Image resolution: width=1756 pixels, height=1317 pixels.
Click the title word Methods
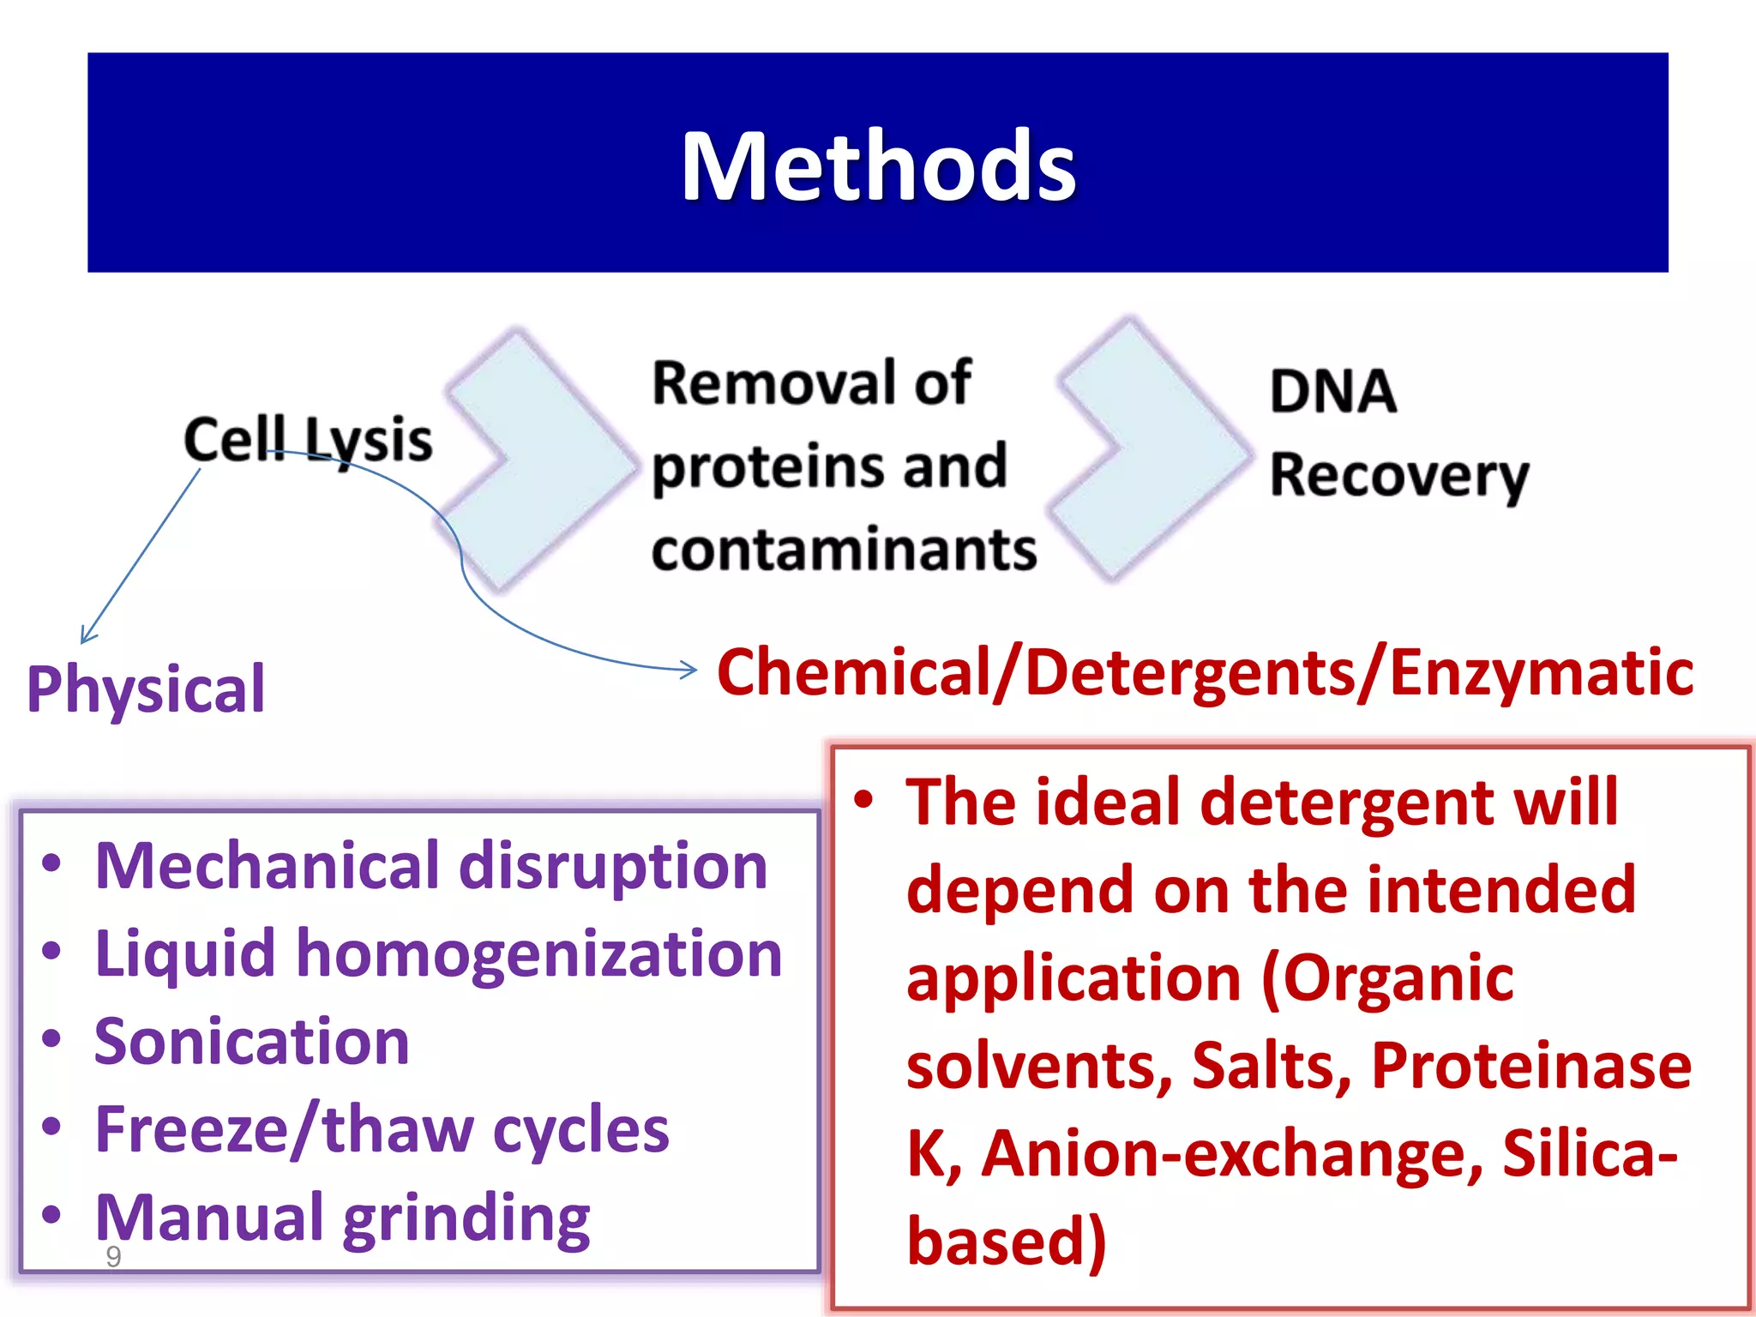point(877,166)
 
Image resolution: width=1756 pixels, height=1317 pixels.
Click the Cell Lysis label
point(308,439)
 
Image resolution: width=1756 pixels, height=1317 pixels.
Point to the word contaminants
point(844,550)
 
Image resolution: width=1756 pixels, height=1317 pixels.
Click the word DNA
point(1332,392)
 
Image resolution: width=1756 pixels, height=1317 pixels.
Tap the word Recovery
point(1398,476)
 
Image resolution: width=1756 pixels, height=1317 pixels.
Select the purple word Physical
point(146,689)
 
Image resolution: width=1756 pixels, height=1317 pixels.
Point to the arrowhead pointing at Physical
point(85,637)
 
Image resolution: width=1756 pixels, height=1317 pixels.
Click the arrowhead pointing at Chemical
point(691,670)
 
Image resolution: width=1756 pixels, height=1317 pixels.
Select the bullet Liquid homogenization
point(438,953)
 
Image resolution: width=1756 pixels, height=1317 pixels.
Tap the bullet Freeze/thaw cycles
point(382,1130)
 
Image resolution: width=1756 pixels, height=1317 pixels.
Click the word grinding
point(466,1219)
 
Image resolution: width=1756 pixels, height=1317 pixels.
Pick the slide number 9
point(113,1257)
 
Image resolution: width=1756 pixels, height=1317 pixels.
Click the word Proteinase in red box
point(1530,1066)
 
